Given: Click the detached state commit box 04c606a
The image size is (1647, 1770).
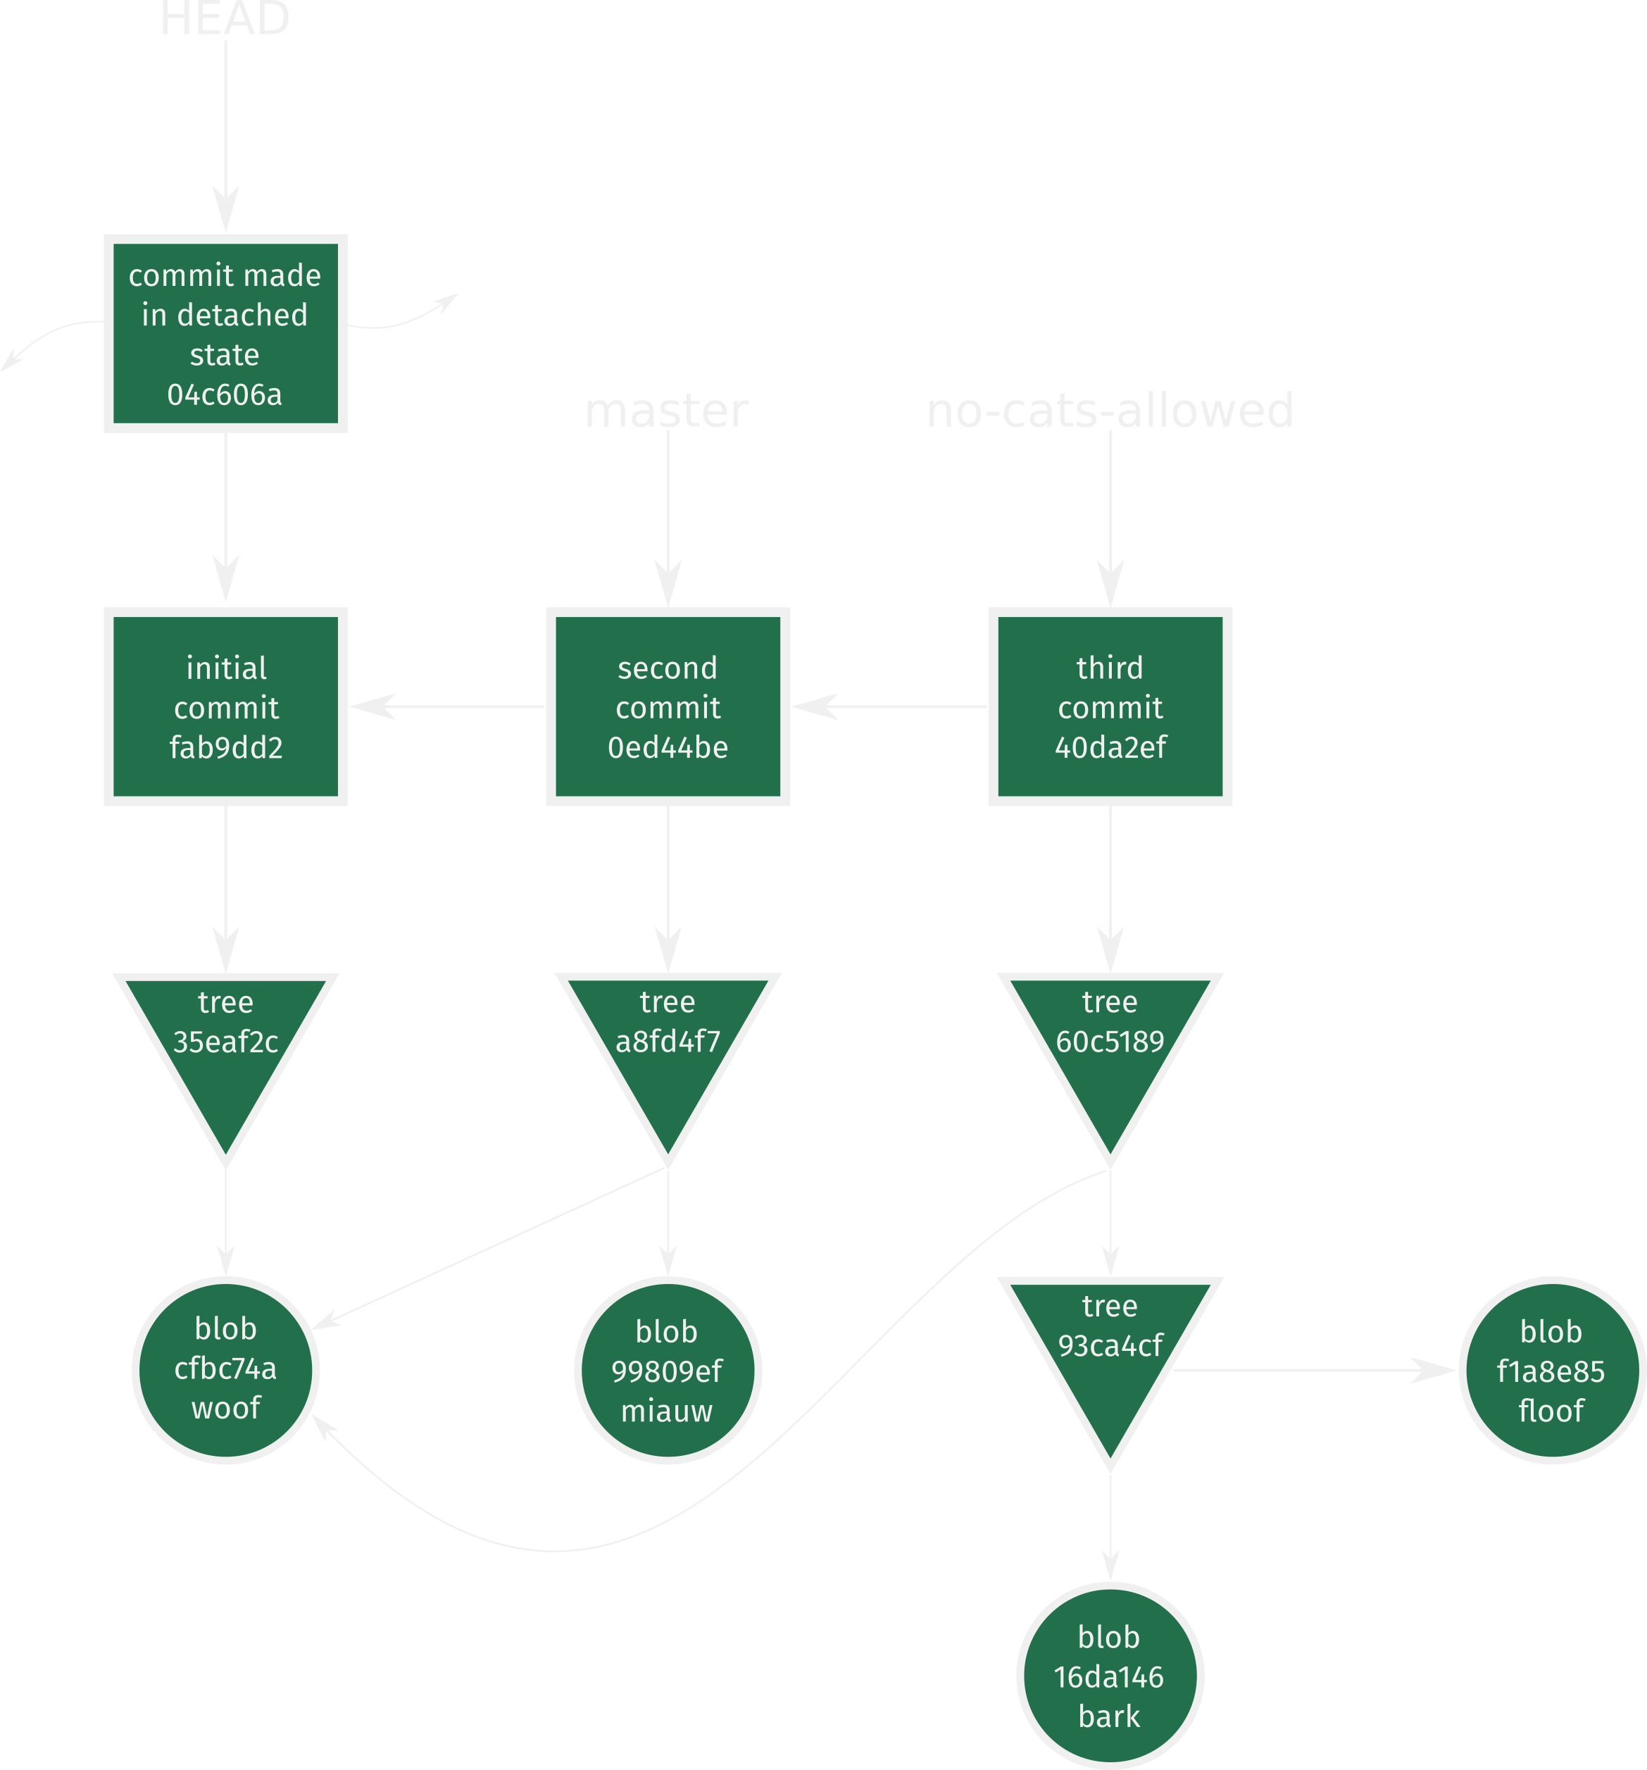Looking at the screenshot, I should (x=225, y=334).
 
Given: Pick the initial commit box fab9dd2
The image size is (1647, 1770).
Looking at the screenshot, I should (x=225, y=707).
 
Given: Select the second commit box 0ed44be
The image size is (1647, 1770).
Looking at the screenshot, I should (x=668, y=707).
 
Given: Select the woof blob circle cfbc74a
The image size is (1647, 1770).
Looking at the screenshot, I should (x=225, y=1369).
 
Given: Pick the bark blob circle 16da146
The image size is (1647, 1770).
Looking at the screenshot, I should (x=1109, y=1676).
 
